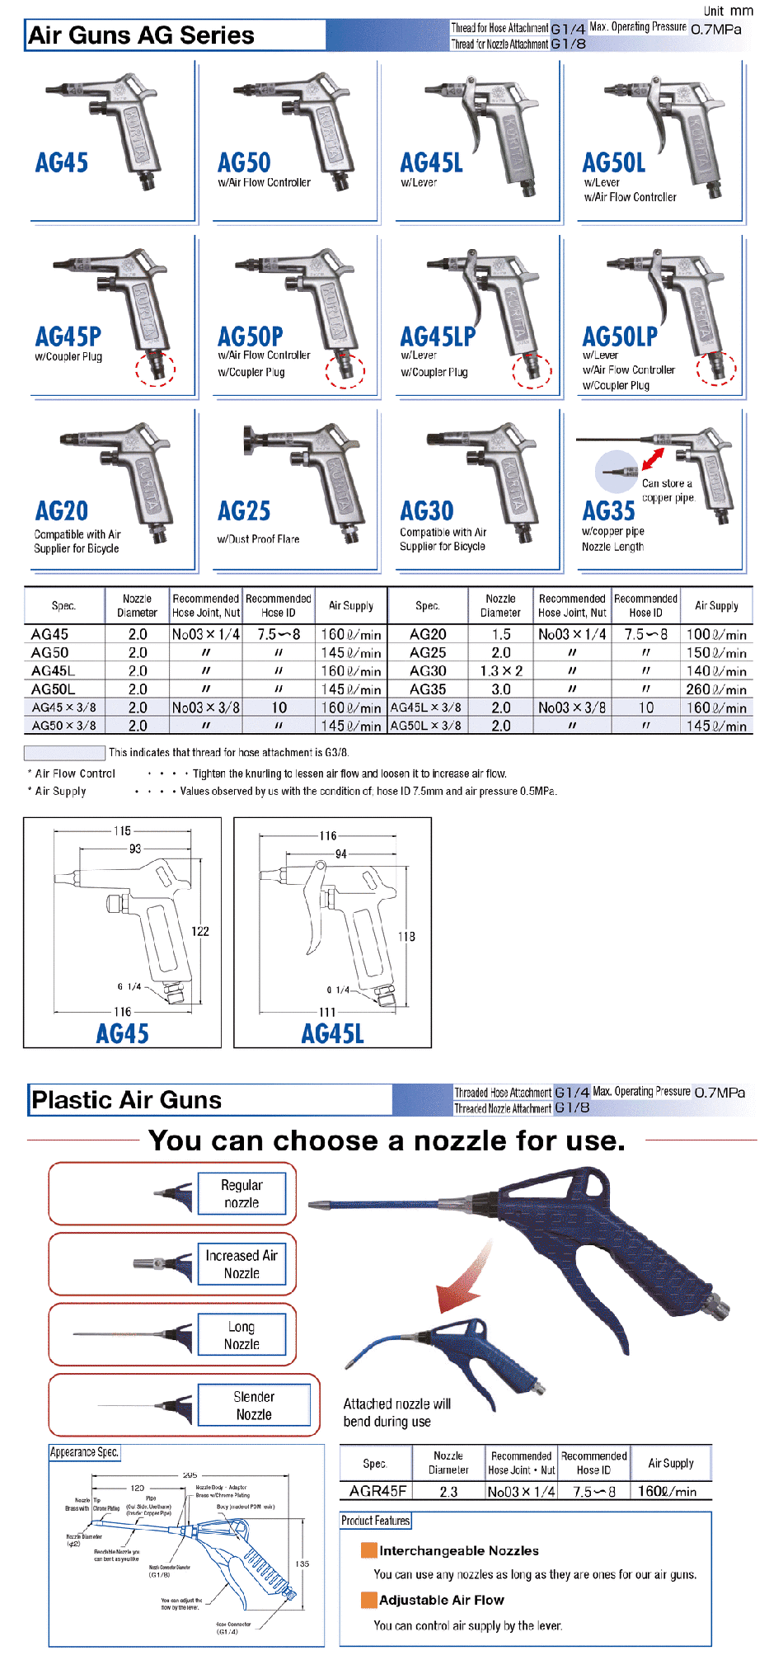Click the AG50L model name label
613,162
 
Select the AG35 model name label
608,511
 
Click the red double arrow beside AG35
653,459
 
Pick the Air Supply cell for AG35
716,689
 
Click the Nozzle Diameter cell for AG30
501,671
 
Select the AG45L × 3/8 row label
426,708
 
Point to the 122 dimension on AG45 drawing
200,931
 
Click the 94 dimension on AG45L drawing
340,854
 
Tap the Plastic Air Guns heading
126,1100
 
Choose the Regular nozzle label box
241,1193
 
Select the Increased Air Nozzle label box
241,1264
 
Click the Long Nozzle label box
241,1335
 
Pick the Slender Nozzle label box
254,1405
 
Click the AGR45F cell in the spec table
377,1491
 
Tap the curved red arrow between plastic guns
465,1273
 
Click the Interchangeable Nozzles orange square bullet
368,1550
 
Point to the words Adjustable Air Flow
441,1600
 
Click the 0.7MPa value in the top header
715,30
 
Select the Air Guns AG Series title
141,35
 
